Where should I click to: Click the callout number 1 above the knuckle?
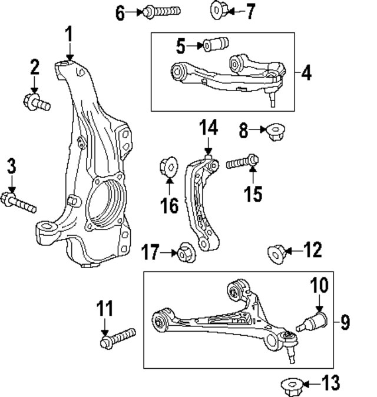(69, 34)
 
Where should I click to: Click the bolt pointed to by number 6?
(161, 11)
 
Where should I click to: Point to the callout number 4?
(306, 74)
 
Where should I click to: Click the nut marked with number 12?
(276, 253)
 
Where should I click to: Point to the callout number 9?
(345, 322)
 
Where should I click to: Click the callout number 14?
(207, 128)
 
